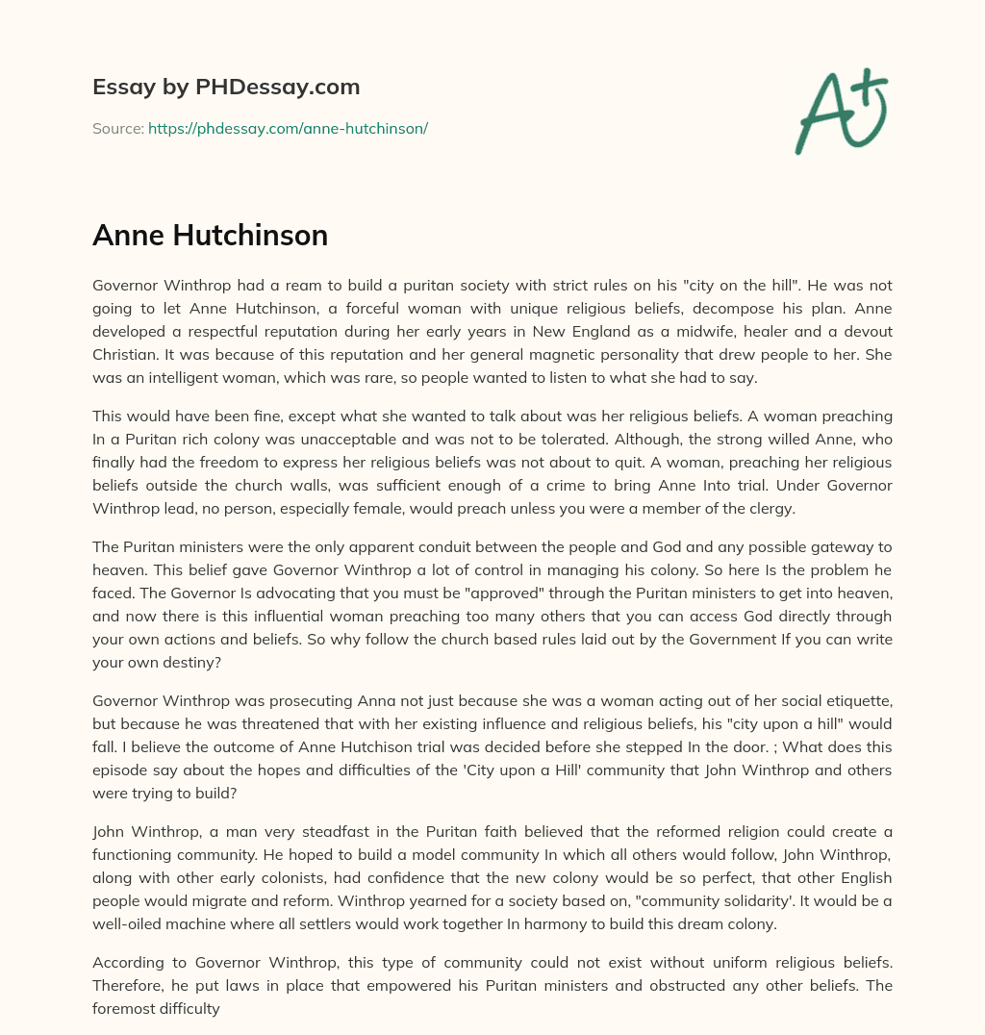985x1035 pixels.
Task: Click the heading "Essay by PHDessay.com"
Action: coord(226,88)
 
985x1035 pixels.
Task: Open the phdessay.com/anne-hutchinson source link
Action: coord(288,128)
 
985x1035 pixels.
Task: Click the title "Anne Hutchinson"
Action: coord(210,236)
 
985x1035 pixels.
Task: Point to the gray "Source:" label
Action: coord(117,128)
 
